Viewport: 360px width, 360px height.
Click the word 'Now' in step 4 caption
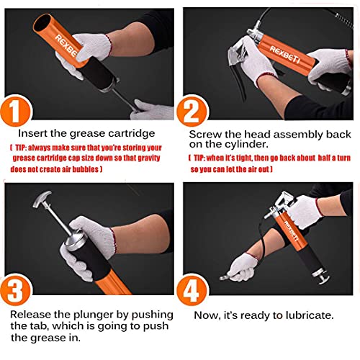(x=206, y=314)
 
